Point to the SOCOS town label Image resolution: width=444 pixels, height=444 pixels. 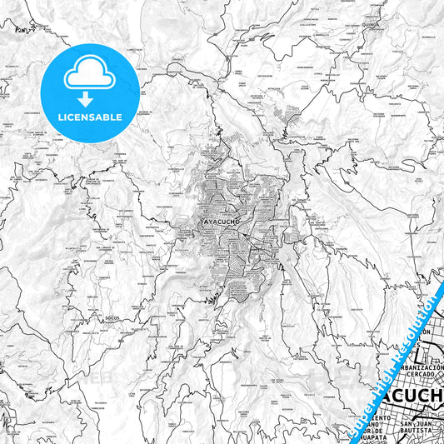112,318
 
